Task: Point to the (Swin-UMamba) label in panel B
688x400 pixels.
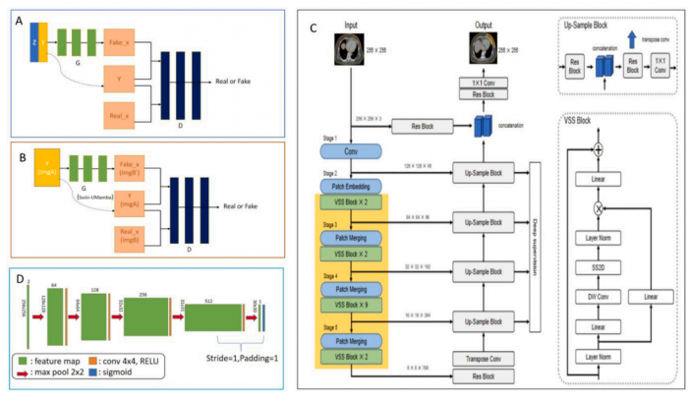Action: [x=92, y=199]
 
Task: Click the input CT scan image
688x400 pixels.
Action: [x=351, y=46]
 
